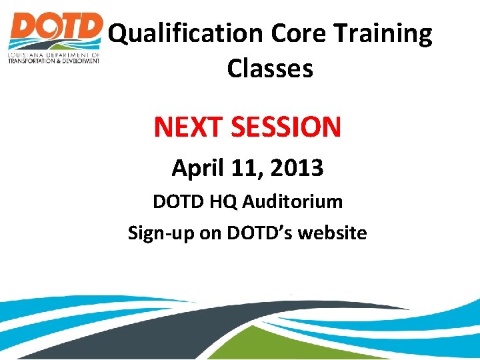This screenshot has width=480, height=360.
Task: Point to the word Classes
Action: tap(269, 68)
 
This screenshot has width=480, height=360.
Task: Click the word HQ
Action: tap(221, 201)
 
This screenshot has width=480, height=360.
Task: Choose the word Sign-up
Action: tap(157, 233)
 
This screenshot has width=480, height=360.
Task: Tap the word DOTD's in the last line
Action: tap(258, 233)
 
